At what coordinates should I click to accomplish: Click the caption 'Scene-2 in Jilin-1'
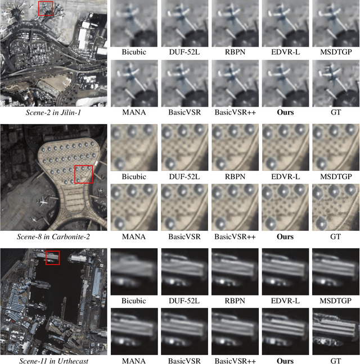tap(53, 112)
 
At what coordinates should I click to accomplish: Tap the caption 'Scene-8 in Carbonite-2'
tap(53, 237)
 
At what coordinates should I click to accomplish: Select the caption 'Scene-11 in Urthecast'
tap(53, 361)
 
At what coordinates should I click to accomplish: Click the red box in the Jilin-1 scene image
tap(46, 8)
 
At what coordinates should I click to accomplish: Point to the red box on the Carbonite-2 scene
tap(83, 174)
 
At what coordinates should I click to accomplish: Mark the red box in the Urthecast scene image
tap(52, 258)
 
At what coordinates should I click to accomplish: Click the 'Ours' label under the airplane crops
tap(285, 112)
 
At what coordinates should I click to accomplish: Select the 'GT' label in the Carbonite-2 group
tap(335, 237)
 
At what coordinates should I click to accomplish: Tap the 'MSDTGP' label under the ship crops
tap(336, 301)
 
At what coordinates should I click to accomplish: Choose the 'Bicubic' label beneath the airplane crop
tap(134, 52)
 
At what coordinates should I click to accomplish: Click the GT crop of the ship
tap(336, 331)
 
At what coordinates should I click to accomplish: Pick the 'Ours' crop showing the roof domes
tap(285, 207)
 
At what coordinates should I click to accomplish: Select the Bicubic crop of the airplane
tap(134, 23)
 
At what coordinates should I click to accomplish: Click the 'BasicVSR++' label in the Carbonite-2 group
tap(235, 237)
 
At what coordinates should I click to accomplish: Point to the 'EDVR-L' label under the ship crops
tap(285, 301)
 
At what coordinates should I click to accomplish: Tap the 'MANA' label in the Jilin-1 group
tap(134, 112)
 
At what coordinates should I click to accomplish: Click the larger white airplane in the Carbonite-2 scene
tap(43, 202)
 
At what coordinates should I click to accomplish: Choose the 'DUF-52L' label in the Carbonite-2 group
tap(184, 176)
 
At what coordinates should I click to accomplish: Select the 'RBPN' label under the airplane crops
tap(235, 52)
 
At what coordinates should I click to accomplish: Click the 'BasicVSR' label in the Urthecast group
tap(184, 361)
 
